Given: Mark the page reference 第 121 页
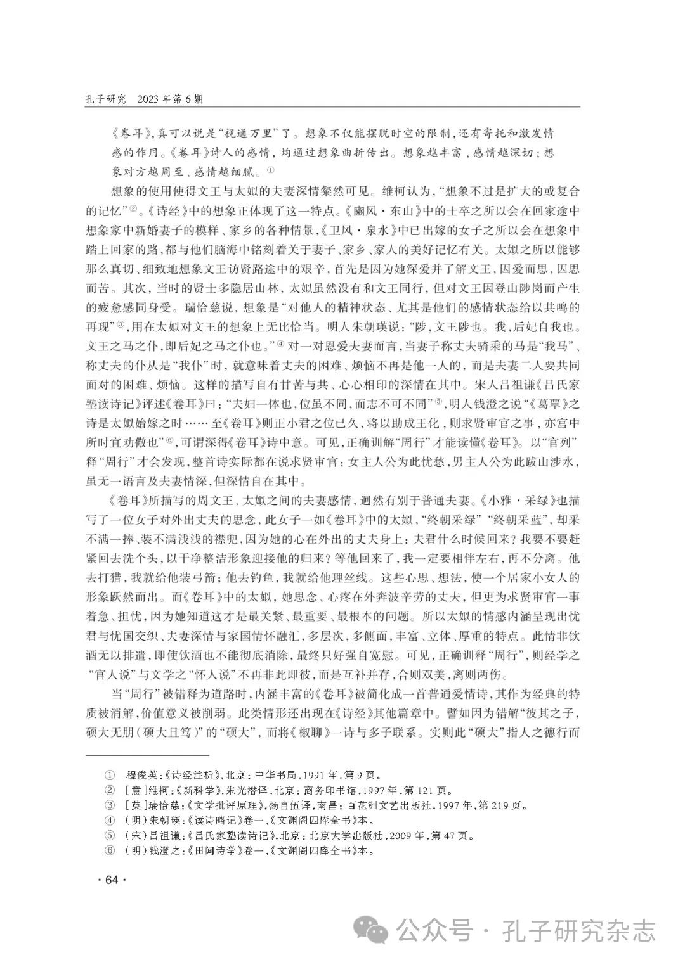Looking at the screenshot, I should pyautogui.click(x=429, y=790).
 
